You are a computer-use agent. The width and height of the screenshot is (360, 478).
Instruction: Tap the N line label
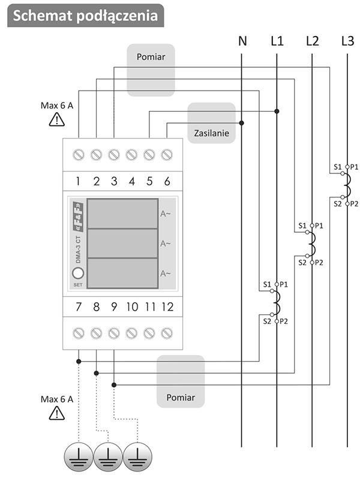(x=242, y=41)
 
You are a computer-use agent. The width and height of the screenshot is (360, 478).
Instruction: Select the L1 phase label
(x=277, y=41)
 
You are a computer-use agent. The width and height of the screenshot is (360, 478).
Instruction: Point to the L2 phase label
(x=312, y=41)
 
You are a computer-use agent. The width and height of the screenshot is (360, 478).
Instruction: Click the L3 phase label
(x=347, y=41)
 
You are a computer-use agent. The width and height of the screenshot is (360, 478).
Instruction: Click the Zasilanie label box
(x=211, y=123)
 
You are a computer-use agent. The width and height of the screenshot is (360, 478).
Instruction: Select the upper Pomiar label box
(x=151, y=70)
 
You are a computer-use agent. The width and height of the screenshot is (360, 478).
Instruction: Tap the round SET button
(x=78, y=273)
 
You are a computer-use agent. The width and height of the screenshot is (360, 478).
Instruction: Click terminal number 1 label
(x=78, y=181)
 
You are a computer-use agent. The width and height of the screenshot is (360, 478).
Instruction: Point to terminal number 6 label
(x=167, y=181)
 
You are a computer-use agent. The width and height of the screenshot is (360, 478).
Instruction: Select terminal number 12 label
(x=167, y=307)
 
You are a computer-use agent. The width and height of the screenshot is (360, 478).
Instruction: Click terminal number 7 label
(x=78, y=307)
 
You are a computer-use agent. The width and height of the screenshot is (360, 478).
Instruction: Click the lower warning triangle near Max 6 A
(x=57, y=413)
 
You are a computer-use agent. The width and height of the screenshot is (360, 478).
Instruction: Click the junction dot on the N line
(x=242, y=123)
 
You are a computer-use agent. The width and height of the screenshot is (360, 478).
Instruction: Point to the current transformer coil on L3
(x=347, y=185)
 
